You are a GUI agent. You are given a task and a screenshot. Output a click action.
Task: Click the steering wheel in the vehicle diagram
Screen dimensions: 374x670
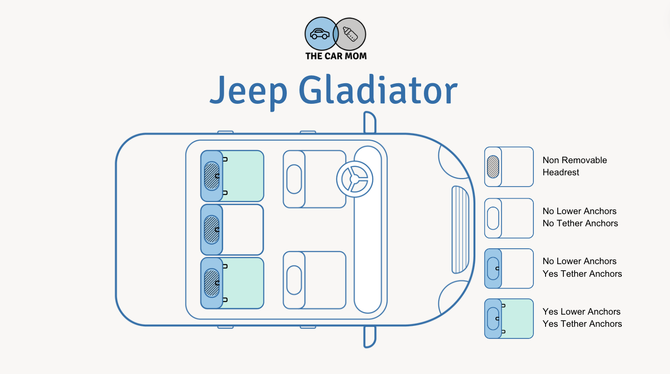355,179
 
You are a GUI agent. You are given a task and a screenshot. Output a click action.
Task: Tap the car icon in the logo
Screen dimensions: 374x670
320,34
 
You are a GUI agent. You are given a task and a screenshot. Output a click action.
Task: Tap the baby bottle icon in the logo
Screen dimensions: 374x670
350,34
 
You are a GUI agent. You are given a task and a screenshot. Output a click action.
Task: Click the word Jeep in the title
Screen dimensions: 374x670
248,91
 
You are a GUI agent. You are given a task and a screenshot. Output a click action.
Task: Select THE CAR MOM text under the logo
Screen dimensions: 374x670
335,56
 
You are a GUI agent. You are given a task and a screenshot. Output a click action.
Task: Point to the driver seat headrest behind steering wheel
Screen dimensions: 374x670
294,179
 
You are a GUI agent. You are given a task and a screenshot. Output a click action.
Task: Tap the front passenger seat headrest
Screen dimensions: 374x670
294,280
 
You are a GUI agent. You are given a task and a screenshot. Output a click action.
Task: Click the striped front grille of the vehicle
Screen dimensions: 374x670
460,230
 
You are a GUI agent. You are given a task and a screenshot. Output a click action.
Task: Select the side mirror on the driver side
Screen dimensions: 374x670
370,122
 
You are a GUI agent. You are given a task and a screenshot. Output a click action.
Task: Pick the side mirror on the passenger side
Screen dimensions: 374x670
370,337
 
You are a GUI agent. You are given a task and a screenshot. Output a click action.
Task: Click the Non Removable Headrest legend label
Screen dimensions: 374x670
575,166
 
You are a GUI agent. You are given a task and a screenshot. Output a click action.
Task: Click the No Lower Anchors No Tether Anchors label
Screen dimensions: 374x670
580,217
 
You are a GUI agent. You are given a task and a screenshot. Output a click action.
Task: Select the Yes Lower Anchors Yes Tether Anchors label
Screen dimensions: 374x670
582,317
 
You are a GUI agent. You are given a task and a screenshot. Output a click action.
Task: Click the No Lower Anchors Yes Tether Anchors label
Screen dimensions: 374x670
582,267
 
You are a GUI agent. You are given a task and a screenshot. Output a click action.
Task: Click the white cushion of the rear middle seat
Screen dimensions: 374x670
242,230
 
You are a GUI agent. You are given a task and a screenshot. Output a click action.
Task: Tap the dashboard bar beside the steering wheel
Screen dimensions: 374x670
367,252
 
